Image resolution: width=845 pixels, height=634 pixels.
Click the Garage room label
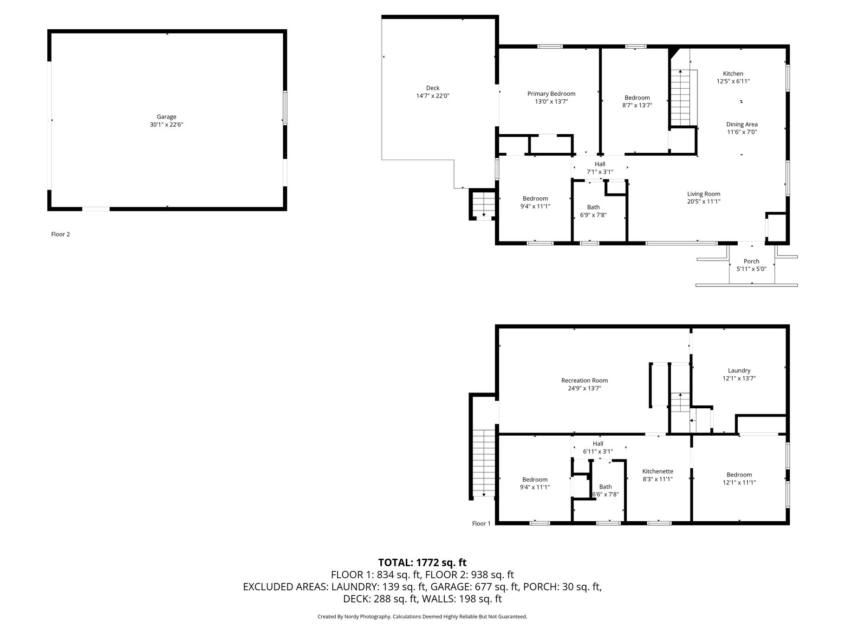[166, 117]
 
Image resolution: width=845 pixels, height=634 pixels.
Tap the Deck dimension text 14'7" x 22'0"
[433, 96]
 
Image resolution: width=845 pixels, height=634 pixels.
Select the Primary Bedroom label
[551, 93]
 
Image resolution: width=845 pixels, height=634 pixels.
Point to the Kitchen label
[733, 73]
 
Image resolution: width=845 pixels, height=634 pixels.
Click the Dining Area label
[742, 124]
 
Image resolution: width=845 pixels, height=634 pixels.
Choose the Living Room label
[704, 194]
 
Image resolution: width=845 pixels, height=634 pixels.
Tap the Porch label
[751, 261]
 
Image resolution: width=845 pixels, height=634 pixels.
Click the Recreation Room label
[585, 380]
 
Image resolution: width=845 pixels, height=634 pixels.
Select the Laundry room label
[739, 370]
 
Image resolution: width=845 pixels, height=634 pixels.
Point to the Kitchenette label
[658, 471]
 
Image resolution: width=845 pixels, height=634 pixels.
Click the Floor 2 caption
[60, 234]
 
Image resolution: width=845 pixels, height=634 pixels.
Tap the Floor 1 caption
[481, 523]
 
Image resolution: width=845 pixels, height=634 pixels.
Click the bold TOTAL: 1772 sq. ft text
[422, 563]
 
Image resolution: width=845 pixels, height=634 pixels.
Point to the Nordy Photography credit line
[422, 617]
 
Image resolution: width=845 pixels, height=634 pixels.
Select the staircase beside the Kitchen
[681, 98]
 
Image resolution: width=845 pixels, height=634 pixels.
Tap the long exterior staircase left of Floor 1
[484, 463]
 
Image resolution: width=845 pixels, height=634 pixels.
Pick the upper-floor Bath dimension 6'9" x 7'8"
[593, 215]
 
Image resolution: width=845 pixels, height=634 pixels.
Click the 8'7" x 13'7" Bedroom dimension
[637, 105]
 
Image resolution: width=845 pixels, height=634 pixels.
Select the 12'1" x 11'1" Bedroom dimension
[739, 482]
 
